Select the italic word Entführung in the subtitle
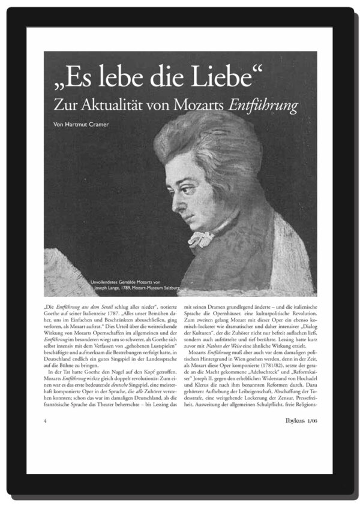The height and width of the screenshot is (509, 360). (263, 105)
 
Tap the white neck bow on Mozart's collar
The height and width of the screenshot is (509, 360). (199, 238)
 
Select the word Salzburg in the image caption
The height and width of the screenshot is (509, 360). (184, 288)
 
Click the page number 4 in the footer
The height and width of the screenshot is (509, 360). (46, 420)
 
